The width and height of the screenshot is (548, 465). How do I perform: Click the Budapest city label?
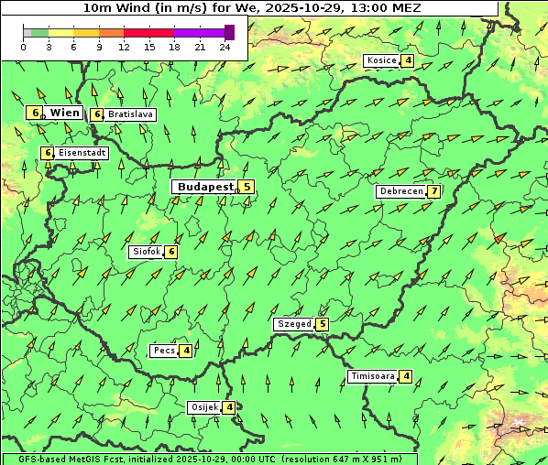205,187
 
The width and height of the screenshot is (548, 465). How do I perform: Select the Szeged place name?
293,324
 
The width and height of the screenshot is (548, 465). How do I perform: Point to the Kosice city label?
381,61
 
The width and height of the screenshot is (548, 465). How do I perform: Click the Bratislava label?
129,115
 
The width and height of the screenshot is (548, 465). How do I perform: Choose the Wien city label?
64,113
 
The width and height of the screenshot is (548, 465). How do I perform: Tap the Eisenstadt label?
82,153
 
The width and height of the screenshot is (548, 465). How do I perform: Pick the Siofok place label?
146,252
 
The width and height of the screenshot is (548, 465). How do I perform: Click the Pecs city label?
164,351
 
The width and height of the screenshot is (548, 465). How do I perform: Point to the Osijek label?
204,407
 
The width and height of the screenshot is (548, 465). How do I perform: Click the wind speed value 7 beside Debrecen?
434,191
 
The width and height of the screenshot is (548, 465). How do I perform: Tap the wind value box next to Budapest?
247,187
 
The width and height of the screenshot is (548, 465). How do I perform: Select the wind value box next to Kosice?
408,61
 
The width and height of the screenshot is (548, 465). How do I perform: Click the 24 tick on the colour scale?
225,47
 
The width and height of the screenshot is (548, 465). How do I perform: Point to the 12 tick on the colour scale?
124,47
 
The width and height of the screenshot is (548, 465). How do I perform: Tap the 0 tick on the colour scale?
23,47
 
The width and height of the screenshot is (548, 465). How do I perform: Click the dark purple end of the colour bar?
229,32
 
